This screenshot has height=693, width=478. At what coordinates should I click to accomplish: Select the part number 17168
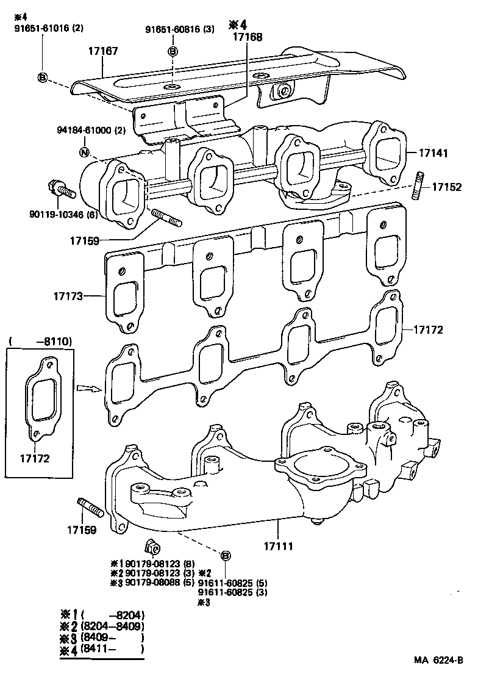click(247, 37)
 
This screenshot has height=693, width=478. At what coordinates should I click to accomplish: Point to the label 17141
click(432, 153)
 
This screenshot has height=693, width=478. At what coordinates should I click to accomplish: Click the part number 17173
click(68, 296)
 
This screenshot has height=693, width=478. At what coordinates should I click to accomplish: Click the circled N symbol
click(85, 152)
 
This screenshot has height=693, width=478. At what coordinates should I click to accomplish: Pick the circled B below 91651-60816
click(173, 51)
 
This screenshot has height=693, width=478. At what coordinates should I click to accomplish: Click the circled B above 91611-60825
click(225, 555)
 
